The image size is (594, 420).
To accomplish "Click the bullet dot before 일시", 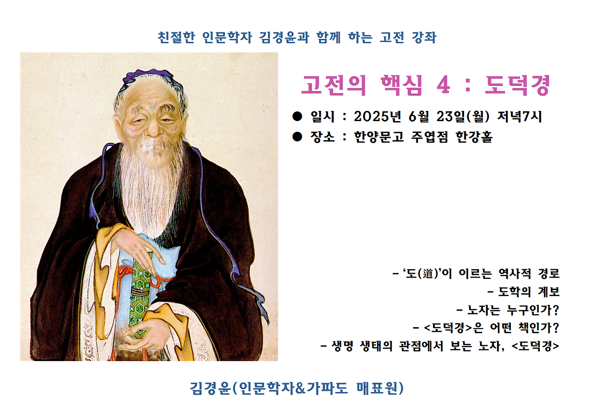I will [x=297, y=116].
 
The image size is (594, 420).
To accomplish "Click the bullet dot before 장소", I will [x=297, y=137].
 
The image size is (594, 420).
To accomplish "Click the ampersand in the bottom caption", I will [x=302, y=388].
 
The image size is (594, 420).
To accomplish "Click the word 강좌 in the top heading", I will [x=424, y=37].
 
